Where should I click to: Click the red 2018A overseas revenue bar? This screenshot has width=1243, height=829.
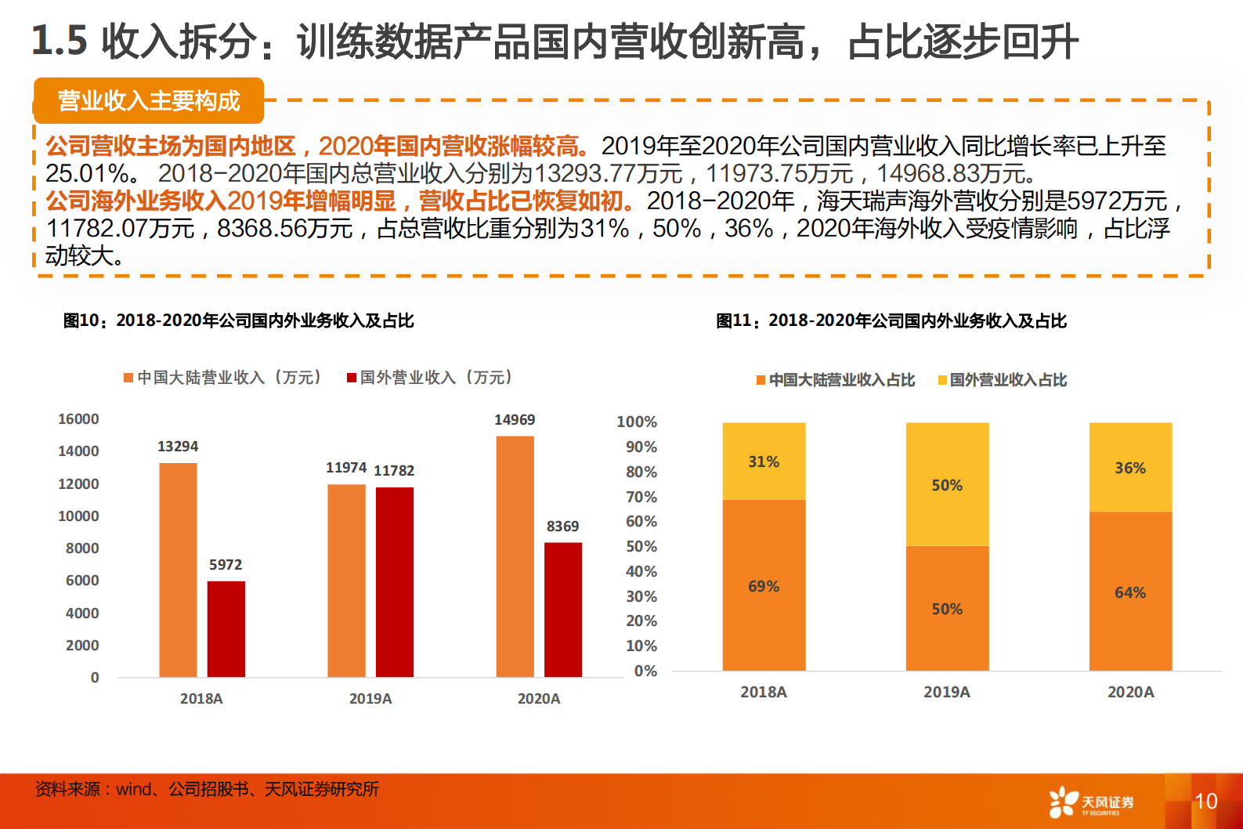coord(226,628)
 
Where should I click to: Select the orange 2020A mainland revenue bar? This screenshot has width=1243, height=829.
coord(515,556)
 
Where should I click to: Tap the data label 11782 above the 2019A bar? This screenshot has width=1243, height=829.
coord(394,471)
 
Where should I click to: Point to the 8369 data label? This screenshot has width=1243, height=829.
coord(562,527)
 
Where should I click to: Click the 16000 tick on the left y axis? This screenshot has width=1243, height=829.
coord(78,419)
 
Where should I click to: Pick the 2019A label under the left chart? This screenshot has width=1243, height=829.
coord(370,698)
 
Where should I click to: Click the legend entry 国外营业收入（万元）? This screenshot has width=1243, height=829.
coord(430,378)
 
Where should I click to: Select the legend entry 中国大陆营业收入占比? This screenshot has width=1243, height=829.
coord(836,380)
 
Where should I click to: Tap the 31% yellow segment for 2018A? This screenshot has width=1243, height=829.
coord(764,462)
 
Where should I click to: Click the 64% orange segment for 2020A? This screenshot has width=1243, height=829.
coord(1130,592)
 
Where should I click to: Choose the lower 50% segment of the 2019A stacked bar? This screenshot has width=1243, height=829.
coord(947,609)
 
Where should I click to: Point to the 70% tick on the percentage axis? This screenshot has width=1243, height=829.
coord(641,497)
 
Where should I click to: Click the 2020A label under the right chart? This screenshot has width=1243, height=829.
coord(1130,692)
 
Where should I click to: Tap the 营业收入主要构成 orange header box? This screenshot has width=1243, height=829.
coord(149,101)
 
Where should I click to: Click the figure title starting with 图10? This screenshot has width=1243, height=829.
coord(238,320)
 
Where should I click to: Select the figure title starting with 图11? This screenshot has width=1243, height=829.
coord(891,320)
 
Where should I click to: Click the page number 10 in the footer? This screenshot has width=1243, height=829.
coord(1205,801)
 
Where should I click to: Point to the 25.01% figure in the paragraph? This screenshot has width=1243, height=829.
coord(87,173)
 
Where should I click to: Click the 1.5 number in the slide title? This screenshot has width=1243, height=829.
coord(59,41)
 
